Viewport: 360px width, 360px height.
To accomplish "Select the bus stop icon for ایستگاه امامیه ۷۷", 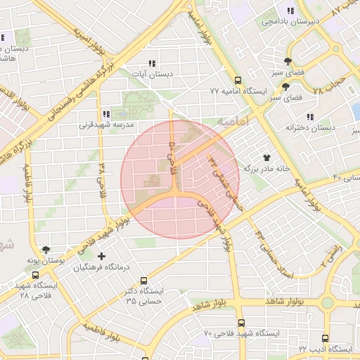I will pos(238,81).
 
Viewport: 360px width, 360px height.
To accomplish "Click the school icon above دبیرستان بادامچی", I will pos(290,11).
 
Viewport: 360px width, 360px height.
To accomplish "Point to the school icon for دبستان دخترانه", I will pos(309,117).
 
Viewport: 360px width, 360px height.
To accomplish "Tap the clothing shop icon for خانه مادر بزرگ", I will pos(266,157).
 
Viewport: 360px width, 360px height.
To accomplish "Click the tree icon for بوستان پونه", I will pos(46,250).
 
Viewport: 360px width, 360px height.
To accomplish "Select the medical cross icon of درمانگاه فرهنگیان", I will pos(102,257).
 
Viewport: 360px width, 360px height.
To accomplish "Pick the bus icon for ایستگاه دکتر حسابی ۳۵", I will pos(144,280).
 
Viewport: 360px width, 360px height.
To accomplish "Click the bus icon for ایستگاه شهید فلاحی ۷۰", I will pos(241,323).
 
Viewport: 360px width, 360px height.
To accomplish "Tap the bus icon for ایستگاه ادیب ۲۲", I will pos(325,338).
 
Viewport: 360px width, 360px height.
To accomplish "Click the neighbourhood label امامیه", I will pos(233,122).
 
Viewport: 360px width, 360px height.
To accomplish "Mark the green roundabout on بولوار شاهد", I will pos(328,303).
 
